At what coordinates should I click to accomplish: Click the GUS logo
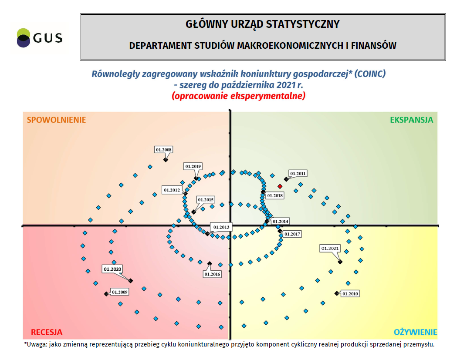39,38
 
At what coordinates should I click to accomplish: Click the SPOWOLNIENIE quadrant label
56,120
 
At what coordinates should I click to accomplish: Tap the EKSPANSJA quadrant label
411,120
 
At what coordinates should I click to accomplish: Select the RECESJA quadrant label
47,332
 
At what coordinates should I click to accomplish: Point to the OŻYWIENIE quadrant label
415,332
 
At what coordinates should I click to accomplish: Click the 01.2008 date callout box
163,150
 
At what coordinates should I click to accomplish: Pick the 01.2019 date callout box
193,166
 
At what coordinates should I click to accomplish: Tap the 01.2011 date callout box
298,173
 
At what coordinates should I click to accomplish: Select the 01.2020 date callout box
112,269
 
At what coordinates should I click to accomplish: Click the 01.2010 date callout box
350,294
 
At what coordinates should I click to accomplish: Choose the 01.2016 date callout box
212,274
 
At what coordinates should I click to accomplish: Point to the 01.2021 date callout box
330,249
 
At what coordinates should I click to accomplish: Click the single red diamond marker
280,186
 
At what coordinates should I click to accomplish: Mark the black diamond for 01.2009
106,294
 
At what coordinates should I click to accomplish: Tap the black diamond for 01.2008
166,160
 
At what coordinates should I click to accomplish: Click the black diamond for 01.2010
336,293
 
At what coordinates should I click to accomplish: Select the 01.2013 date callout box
221,227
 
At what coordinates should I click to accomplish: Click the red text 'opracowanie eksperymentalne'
238,96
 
